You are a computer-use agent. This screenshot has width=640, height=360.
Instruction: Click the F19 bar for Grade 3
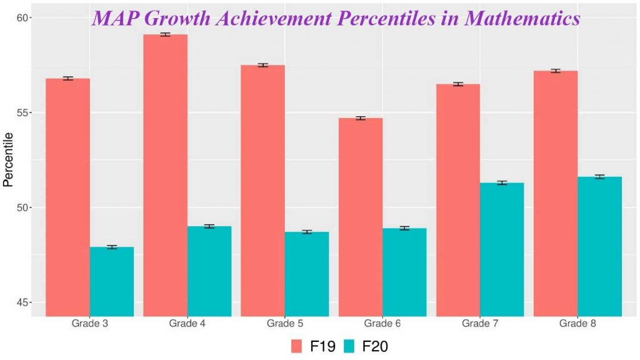click(68, 197)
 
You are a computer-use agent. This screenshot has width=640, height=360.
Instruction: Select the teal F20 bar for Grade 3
click(112, 281)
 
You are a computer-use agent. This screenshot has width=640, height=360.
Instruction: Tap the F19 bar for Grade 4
click(166, 175)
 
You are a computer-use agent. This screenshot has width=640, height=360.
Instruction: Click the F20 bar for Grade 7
click(502, 249)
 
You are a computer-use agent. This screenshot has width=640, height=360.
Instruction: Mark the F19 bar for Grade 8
click(556, 193)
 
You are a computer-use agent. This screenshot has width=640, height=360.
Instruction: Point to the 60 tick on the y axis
click(23, 17)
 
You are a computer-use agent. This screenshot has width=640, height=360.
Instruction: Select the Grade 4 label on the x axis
click(187, 324)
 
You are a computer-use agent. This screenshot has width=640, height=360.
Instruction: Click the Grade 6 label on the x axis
click(382, 324)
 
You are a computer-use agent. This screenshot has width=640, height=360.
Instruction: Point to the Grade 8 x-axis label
click(577, 324)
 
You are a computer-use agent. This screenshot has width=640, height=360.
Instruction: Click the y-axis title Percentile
click(8, 160)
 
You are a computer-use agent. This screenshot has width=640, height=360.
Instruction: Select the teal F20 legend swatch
click(349, 346)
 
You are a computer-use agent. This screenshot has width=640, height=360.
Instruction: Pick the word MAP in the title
click(115, 18)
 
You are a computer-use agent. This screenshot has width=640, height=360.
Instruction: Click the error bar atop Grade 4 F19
click(166, 34)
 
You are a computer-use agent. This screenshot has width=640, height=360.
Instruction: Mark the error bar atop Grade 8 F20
click(599, 177)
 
